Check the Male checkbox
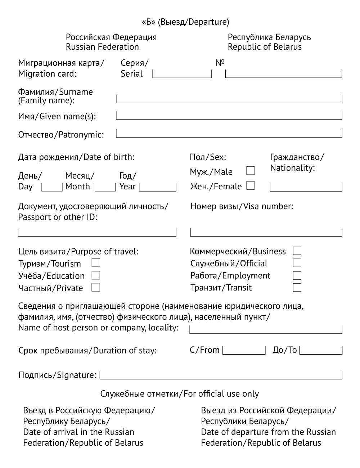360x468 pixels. [251, 171]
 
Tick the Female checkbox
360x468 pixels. [251, 186]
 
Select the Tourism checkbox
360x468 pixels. [96, 263]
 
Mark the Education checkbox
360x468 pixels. [96, 275]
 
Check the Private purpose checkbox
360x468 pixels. [96, 287]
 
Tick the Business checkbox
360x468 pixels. [297, 251]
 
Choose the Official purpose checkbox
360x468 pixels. [297, 263]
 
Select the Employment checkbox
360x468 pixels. [297, 275]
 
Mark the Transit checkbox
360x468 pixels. [297, 287]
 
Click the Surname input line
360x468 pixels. [229, 99]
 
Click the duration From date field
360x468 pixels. [244, 350]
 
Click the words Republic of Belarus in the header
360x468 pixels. [265, 47]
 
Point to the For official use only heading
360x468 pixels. [180, 394]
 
